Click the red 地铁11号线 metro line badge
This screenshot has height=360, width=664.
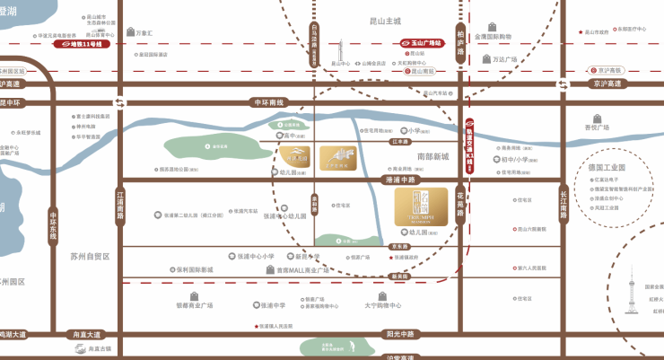click(83, 43)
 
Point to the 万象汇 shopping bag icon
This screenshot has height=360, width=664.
click(127, 33)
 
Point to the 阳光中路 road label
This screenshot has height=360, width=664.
click(399, 333)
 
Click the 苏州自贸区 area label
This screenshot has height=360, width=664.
click(90, 256)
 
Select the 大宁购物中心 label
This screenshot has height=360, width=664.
click(383, 305)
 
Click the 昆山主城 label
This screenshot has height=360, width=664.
click(386, 19)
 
